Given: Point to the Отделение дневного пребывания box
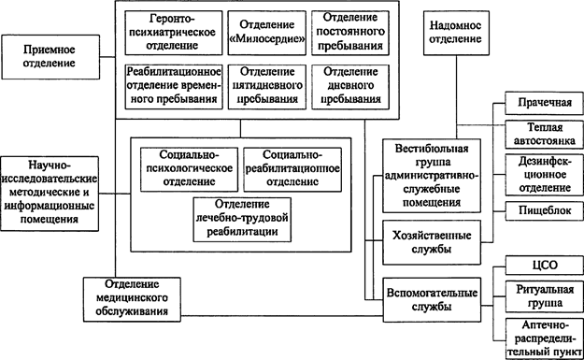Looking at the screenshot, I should [348, 86].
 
